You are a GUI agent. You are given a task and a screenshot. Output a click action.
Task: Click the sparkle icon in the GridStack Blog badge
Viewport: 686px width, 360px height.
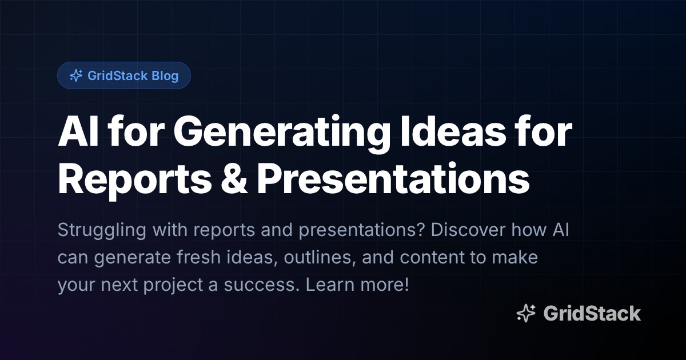(75, 75)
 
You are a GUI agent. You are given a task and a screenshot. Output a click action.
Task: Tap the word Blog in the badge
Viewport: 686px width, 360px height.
(165, 75)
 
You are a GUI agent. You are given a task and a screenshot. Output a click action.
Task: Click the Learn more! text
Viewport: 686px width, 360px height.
(357, 285)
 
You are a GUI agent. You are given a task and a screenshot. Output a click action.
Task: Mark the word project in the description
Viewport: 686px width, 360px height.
(173, 285)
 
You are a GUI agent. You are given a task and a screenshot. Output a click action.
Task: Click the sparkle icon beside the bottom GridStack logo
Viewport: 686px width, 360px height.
(526, 313)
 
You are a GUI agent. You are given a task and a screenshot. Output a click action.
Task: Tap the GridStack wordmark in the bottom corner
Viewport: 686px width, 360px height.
(592, 313)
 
